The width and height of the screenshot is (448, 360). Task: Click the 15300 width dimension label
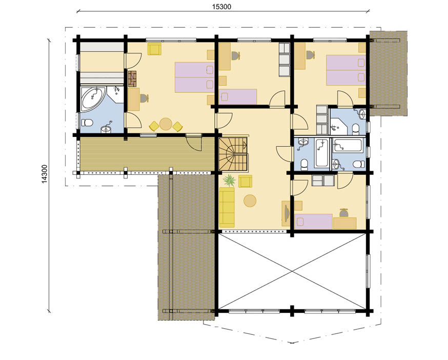221,7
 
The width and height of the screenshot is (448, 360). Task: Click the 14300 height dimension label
45,174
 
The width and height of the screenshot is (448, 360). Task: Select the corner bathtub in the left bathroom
93,98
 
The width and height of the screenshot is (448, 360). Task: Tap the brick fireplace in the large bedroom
132,78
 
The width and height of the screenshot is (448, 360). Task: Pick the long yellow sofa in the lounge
227,207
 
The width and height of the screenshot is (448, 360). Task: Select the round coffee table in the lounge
250,201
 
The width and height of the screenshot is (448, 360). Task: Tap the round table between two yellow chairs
166,125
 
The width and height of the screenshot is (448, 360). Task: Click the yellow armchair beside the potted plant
245,181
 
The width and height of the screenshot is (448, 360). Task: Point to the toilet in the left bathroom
87,123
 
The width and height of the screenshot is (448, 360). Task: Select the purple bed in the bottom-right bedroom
313,222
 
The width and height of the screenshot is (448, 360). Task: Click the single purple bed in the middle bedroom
238,96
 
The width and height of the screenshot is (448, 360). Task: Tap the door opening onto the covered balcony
193,142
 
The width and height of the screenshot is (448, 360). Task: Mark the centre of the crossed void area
292,271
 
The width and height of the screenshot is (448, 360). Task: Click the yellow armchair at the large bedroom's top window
154,49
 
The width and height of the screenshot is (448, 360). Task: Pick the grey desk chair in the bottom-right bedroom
344,212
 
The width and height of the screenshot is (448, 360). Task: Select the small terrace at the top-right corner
389,73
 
